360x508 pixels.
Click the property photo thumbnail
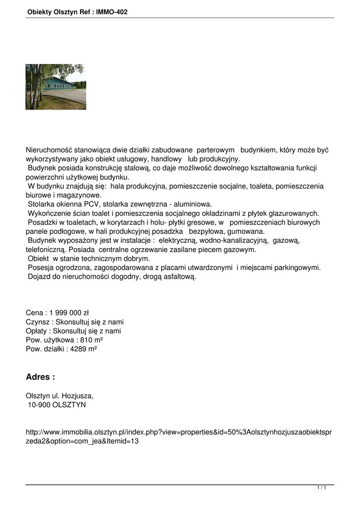tap(56, 87)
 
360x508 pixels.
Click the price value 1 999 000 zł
tap(69, 313)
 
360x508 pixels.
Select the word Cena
tap(34, 313)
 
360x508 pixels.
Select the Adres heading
tap(40, 377)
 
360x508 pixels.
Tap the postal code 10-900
tap(39, 405)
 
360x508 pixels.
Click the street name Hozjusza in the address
tap(78, 396)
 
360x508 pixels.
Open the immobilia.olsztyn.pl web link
tap(179, 436)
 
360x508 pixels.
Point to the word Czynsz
tap(38, 322)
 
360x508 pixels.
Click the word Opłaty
tap(37, 331)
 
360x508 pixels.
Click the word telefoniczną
tap(46, 250)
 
